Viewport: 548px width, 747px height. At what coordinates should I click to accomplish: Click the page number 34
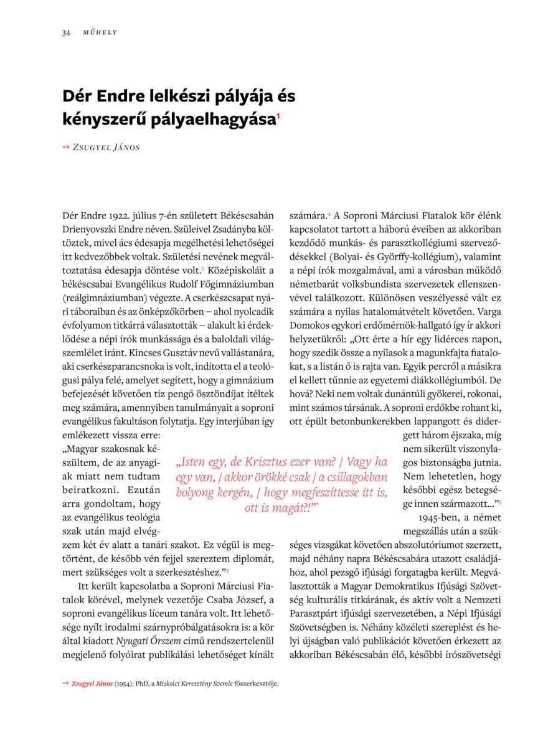point(66,32)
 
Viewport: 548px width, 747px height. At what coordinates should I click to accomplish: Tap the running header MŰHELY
point(100,32)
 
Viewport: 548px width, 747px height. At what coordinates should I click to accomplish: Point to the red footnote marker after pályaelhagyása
point(278,115)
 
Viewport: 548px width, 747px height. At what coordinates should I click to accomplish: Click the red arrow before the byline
point(66,147)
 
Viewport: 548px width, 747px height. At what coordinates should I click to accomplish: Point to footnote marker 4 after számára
point(329,214)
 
